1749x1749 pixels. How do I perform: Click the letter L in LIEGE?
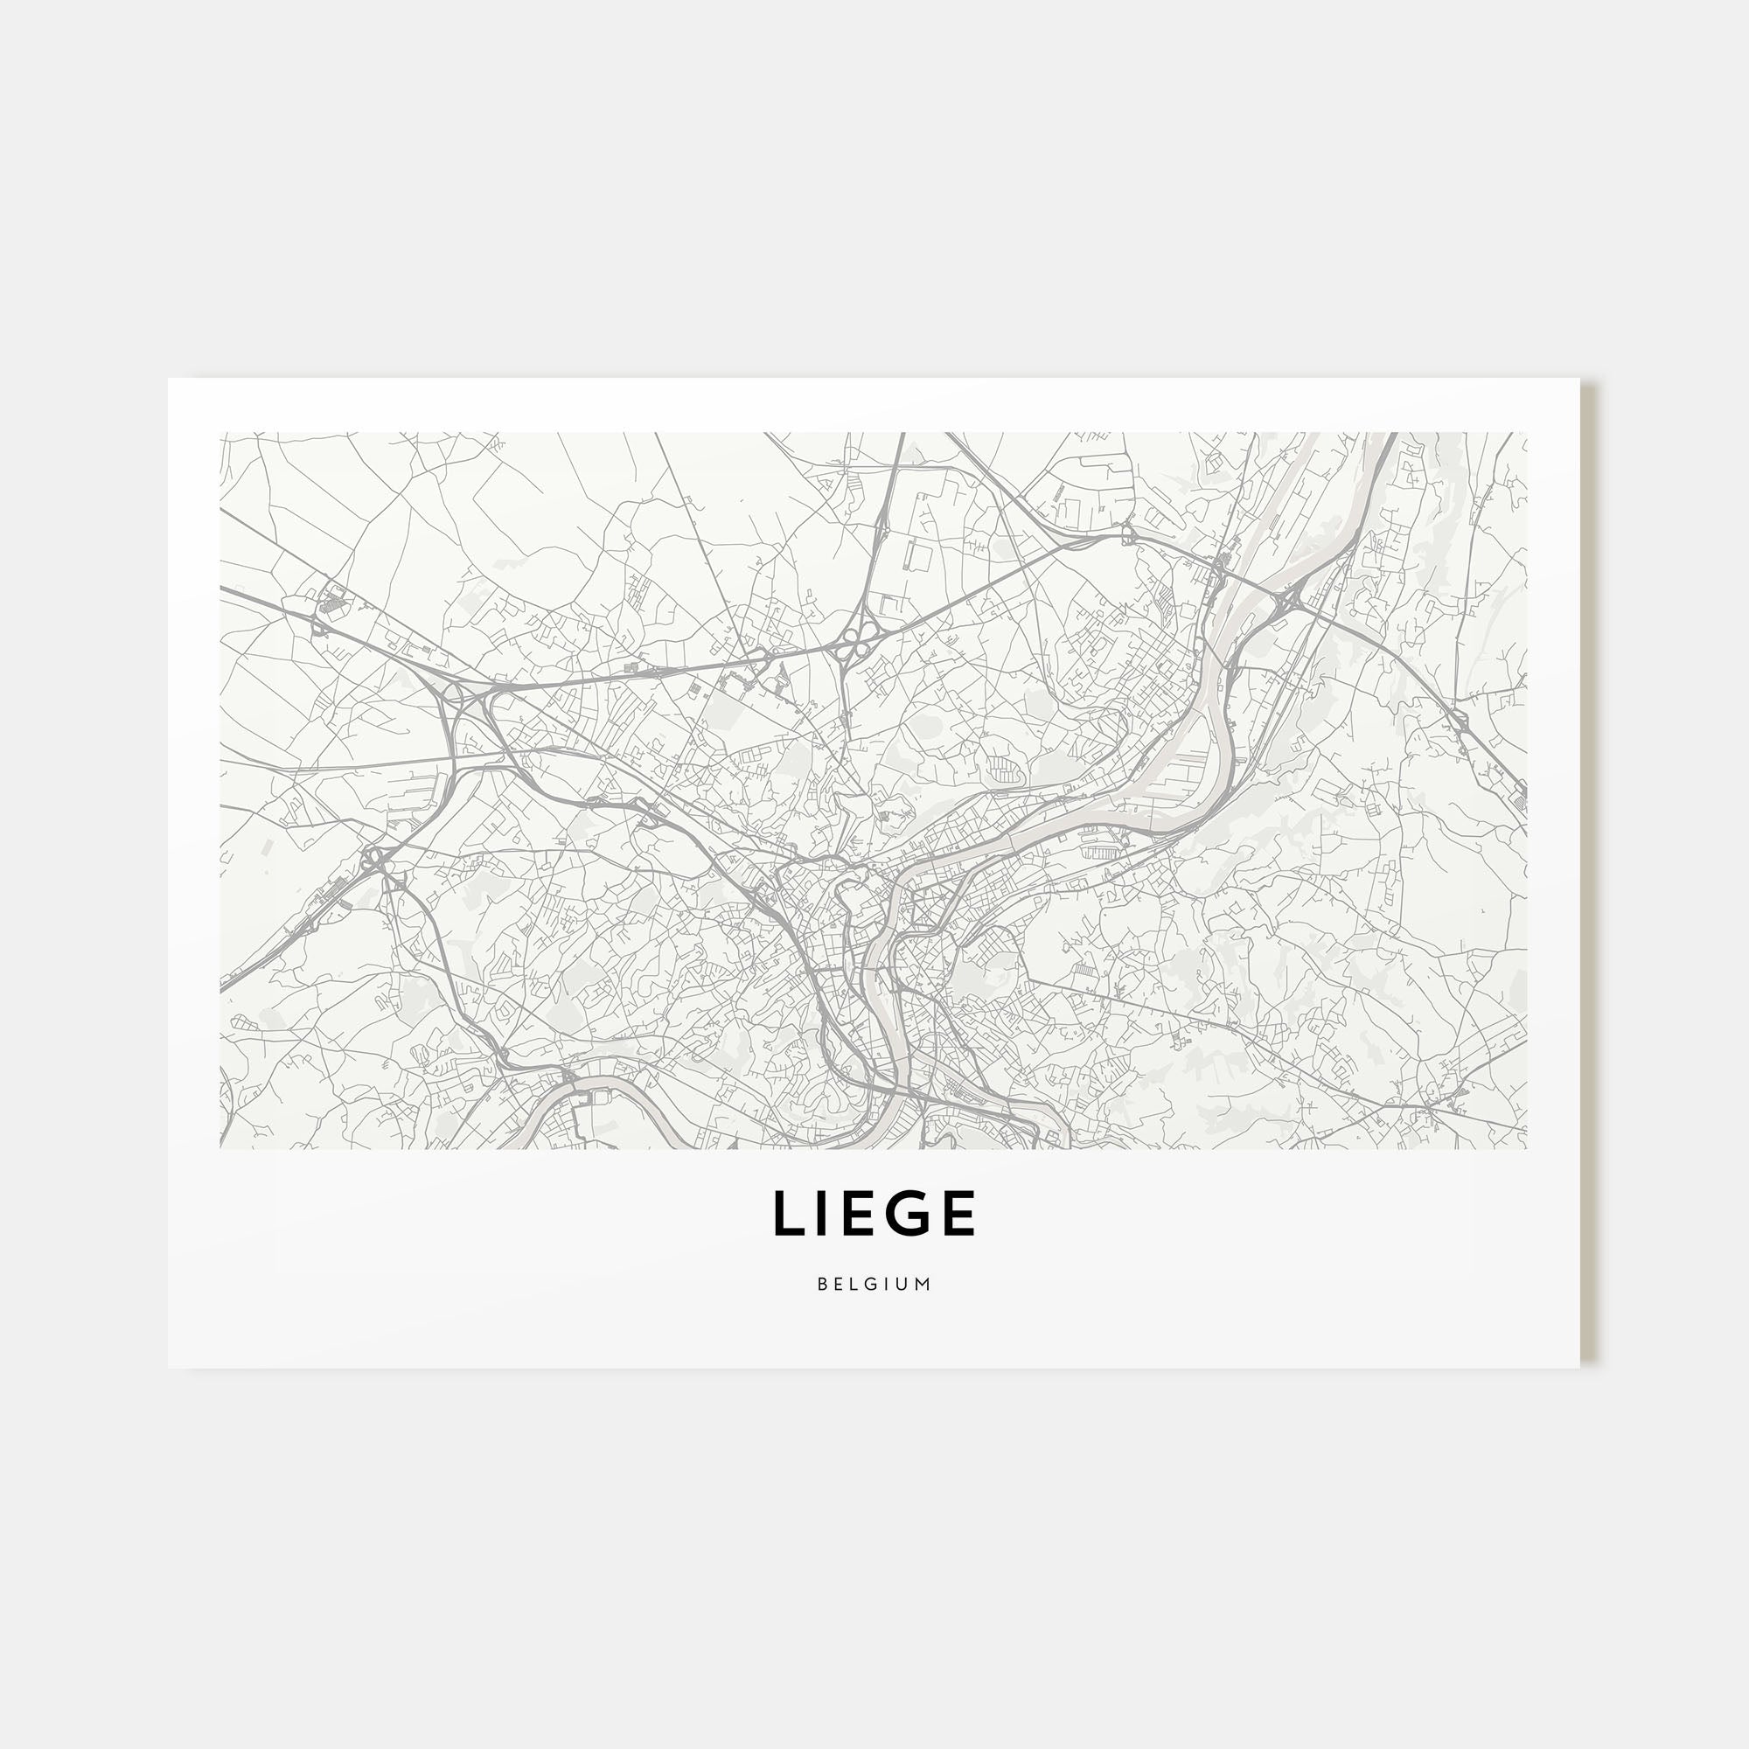tap(789, 1213)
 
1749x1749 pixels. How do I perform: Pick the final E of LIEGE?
tap(958, 1213)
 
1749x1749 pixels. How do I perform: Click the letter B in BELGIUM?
tap(822, 1284)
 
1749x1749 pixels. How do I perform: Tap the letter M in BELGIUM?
tap(923, 1284)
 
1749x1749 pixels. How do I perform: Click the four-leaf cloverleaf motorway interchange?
tap(851, 645)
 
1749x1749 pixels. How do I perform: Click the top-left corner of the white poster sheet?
tap(170, 380)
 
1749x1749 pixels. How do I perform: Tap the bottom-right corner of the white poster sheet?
tap(1578, 1367)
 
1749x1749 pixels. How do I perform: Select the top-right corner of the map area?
tap(1526, 434)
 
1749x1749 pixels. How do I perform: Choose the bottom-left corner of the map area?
tap(221, 1149)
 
